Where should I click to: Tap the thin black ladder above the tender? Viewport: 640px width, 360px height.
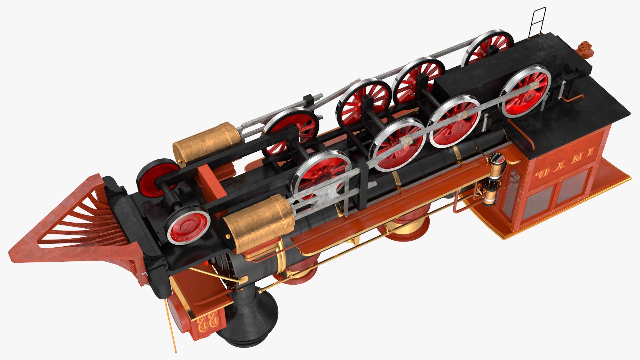click(537, 22)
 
